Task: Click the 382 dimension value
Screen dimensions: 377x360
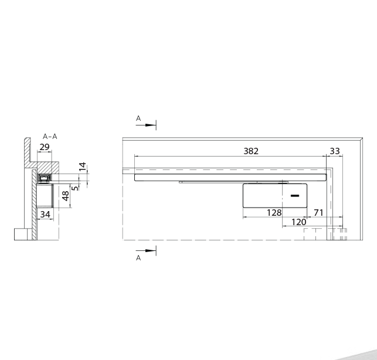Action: point(251,151)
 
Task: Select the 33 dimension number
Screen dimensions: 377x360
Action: point(335,151)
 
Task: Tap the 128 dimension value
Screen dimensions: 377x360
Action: point(274,213)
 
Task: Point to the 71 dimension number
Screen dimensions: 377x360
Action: point(318,213)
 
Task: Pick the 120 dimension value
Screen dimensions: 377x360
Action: point(299,222)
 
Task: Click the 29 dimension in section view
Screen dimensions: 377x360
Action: point(45,147)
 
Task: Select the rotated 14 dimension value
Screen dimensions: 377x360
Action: point(83,167)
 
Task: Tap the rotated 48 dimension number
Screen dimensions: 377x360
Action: point(66,196)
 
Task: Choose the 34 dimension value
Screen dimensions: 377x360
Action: point(45,214)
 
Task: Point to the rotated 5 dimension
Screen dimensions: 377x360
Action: point(76,188)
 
